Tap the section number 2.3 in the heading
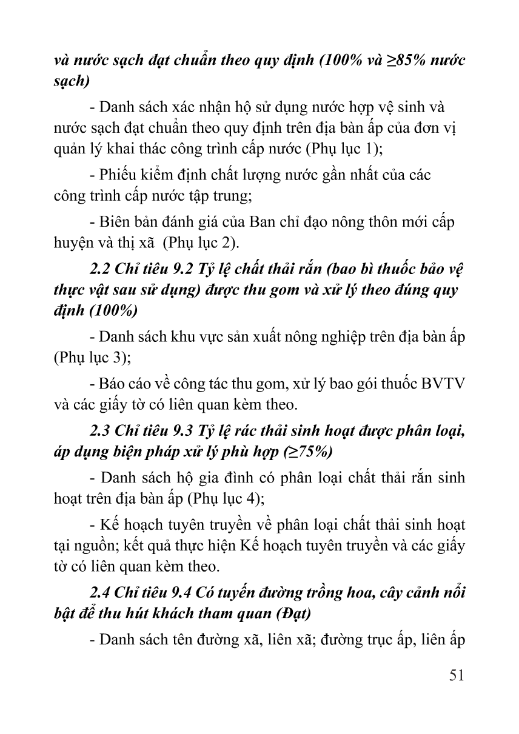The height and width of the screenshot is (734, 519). [x=99, y=431]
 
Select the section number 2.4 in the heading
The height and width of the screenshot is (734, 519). [x=99, y=592]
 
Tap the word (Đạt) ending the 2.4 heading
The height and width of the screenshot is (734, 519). [x=293, y=613]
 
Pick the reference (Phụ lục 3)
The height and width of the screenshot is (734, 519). [x=91, y=358]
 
